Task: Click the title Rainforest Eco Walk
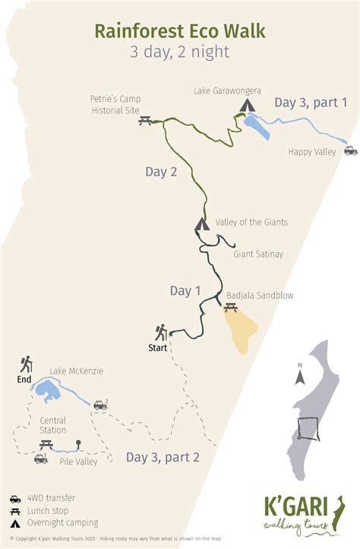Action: point(180,30)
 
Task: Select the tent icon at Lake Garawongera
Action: point(247,105)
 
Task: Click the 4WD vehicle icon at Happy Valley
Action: point(350,150)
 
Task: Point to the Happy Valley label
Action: point(311,152)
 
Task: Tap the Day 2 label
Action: point(161,172)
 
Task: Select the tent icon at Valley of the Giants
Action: point(201,224)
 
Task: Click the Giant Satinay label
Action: point(258,254)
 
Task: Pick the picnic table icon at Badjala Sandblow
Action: point(230,308)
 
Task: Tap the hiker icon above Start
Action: point(161,333)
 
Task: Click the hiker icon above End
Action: point(27,364)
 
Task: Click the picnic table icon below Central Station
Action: point(46,444)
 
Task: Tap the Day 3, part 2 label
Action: point(163,457)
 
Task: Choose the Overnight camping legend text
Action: point(65,522)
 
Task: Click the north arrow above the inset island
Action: point(300,376)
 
